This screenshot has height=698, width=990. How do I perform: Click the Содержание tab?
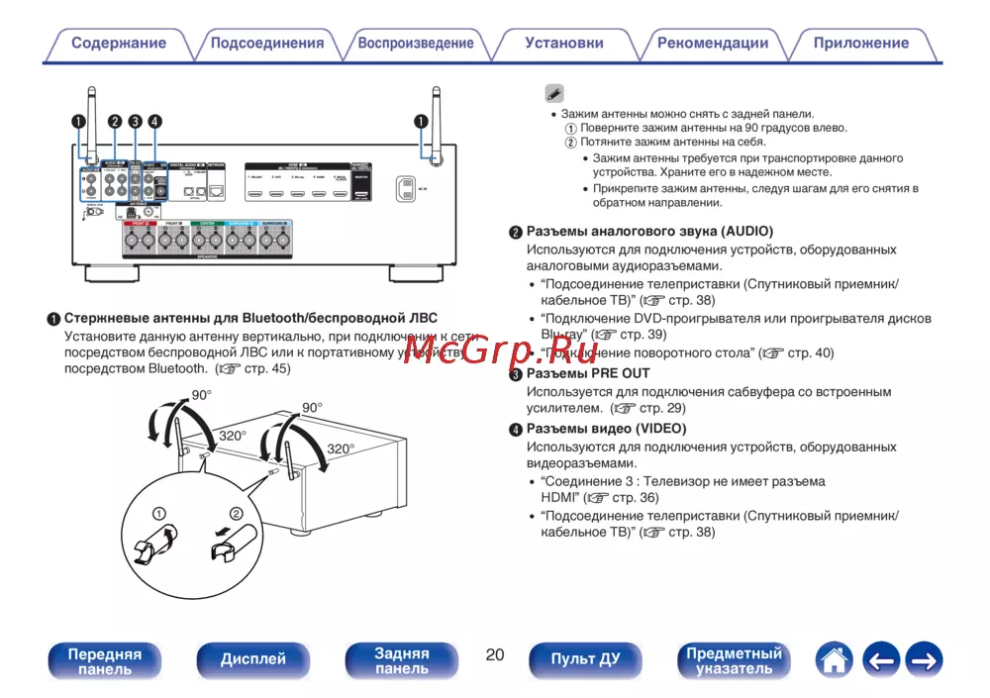[119, 44]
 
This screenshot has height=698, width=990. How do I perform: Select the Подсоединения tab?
[267, 44]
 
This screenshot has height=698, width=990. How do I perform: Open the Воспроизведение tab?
[416, 44]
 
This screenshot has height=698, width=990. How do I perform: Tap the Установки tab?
[564, 44]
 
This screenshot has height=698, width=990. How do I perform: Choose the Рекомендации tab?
[713, 44]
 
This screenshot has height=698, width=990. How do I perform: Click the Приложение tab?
[861, 44]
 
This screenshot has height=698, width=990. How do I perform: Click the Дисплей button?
[253, 659]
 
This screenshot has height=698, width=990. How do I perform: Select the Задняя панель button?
[402, 660]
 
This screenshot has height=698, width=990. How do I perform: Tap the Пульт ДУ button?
[586, 659]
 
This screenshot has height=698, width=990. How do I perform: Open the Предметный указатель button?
[735, 660]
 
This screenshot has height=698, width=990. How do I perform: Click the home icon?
[835, 659]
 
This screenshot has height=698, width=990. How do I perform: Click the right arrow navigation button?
[924, 659]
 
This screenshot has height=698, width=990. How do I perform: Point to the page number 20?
[495, 654]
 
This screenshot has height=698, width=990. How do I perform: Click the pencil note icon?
[554, 94]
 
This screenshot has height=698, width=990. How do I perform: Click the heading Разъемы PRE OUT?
[587, 373]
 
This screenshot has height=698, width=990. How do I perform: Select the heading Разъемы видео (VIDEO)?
[606, 429]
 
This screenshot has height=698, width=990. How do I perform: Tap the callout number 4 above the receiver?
[155, 122]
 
